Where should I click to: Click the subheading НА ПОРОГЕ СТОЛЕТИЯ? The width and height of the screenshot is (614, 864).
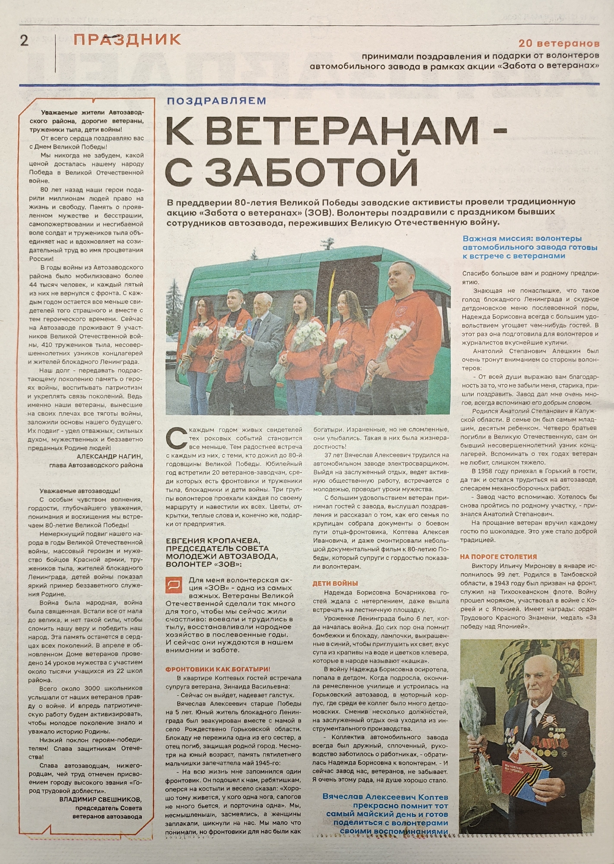point(498,557)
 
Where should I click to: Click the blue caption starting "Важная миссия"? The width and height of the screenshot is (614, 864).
point(530,247)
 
